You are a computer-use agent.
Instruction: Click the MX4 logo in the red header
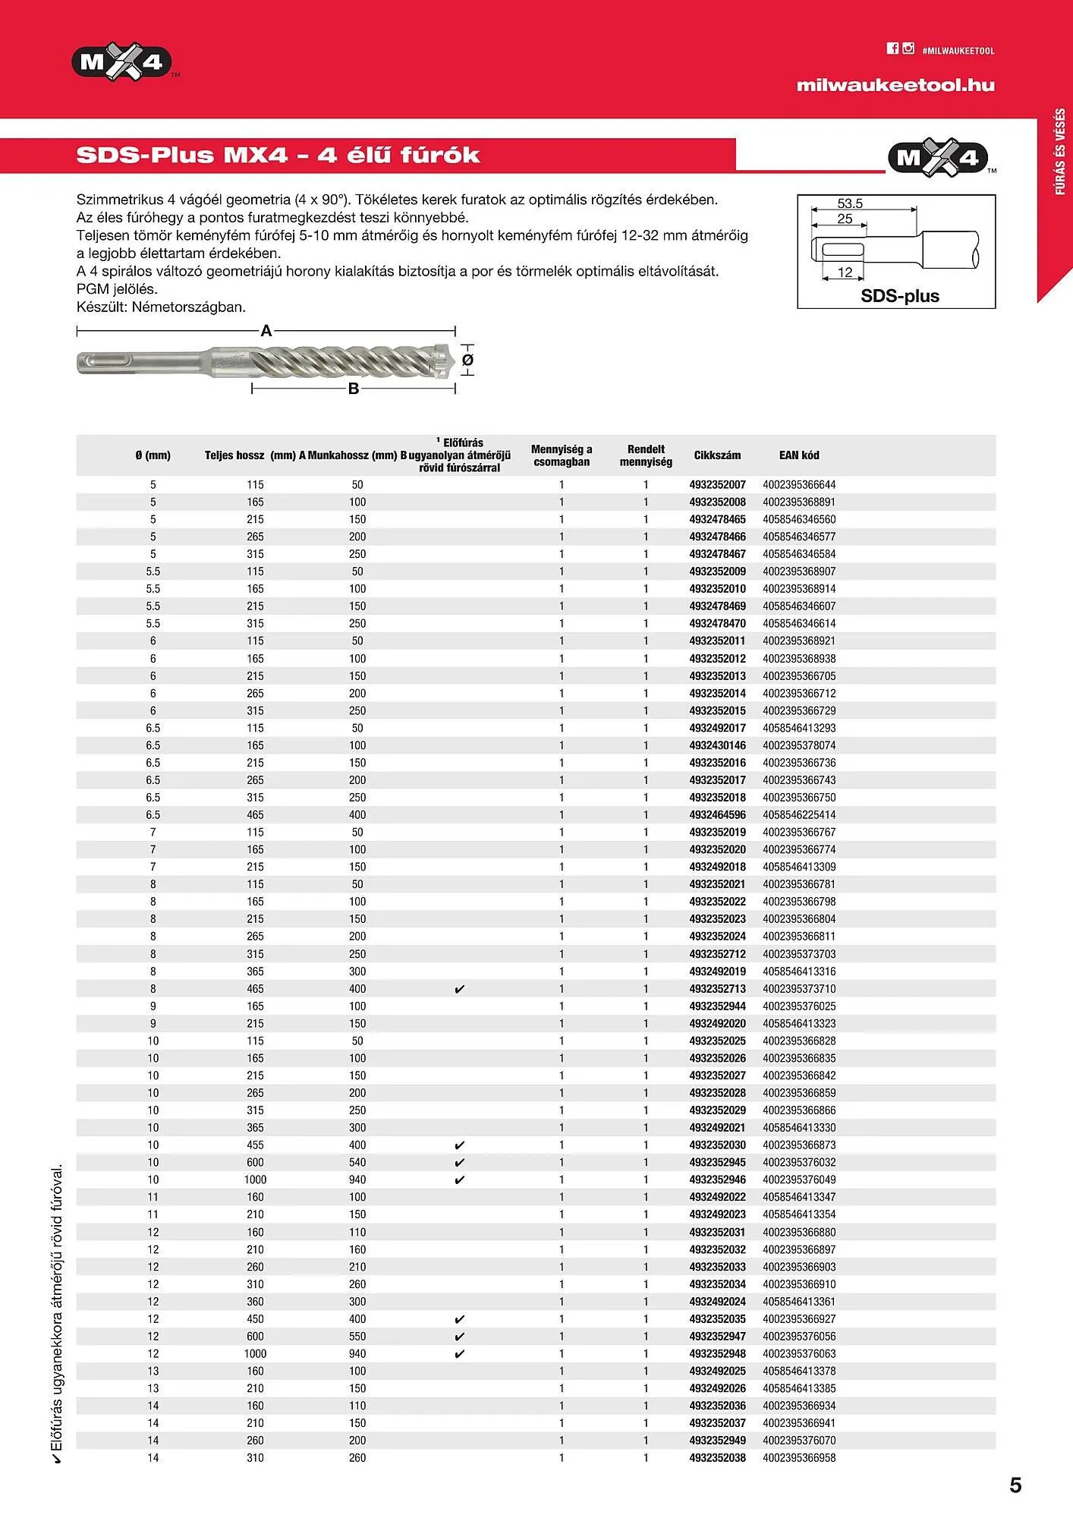coord(121,61)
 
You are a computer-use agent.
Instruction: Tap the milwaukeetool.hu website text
coord(895,85)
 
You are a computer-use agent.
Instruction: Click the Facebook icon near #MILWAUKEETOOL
coord(892,49)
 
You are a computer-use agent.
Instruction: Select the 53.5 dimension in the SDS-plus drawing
coord(849,203)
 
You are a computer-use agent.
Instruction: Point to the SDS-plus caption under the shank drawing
coord(899,296)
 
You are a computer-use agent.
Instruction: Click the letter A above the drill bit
coord(266,331)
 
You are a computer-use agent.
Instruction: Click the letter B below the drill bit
coord(353,389)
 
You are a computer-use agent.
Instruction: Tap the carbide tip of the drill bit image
coord(445,360)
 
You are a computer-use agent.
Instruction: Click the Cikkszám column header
coord(716,455)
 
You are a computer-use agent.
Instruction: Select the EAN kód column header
coord(798,455)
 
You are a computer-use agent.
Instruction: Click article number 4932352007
coord(716,484)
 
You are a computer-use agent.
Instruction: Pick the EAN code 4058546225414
coord(798,814)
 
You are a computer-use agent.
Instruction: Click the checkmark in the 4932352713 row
coord(459,989)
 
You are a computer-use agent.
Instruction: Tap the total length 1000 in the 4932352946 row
coord(255,1179)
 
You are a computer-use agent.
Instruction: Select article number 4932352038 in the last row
coord(716,1457)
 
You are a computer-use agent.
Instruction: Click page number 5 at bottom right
coord(1015,1485)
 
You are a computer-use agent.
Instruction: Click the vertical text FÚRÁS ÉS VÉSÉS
coord(1060,152)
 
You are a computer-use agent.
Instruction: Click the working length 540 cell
coord(357,1162)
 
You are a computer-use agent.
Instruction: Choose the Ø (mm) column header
coord(153,455)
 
